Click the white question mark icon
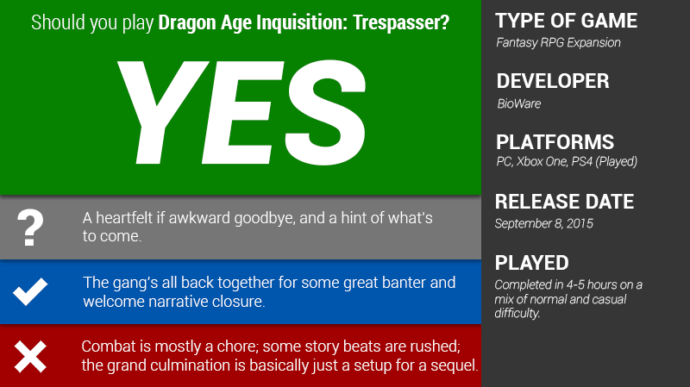pos(30,228)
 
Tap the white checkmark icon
pos(30,291)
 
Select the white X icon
pos(30,357)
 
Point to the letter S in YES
pos(325,113)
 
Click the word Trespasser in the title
pos(401,23)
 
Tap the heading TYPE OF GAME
pos(567,21)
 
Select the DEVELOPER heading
pos(553,81)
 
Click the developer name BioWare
pos(519,103)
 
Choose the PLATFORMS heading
pos(555,142)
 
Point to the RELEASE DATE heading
pos(564,202)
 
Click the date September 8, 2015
pos(544,224)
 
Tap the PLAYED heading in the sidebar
pos(531,263)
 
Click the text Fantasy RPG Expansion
pos(558,42)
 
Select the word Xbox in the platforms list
pos(530,162)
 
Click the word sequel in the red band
pos(455,365)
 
